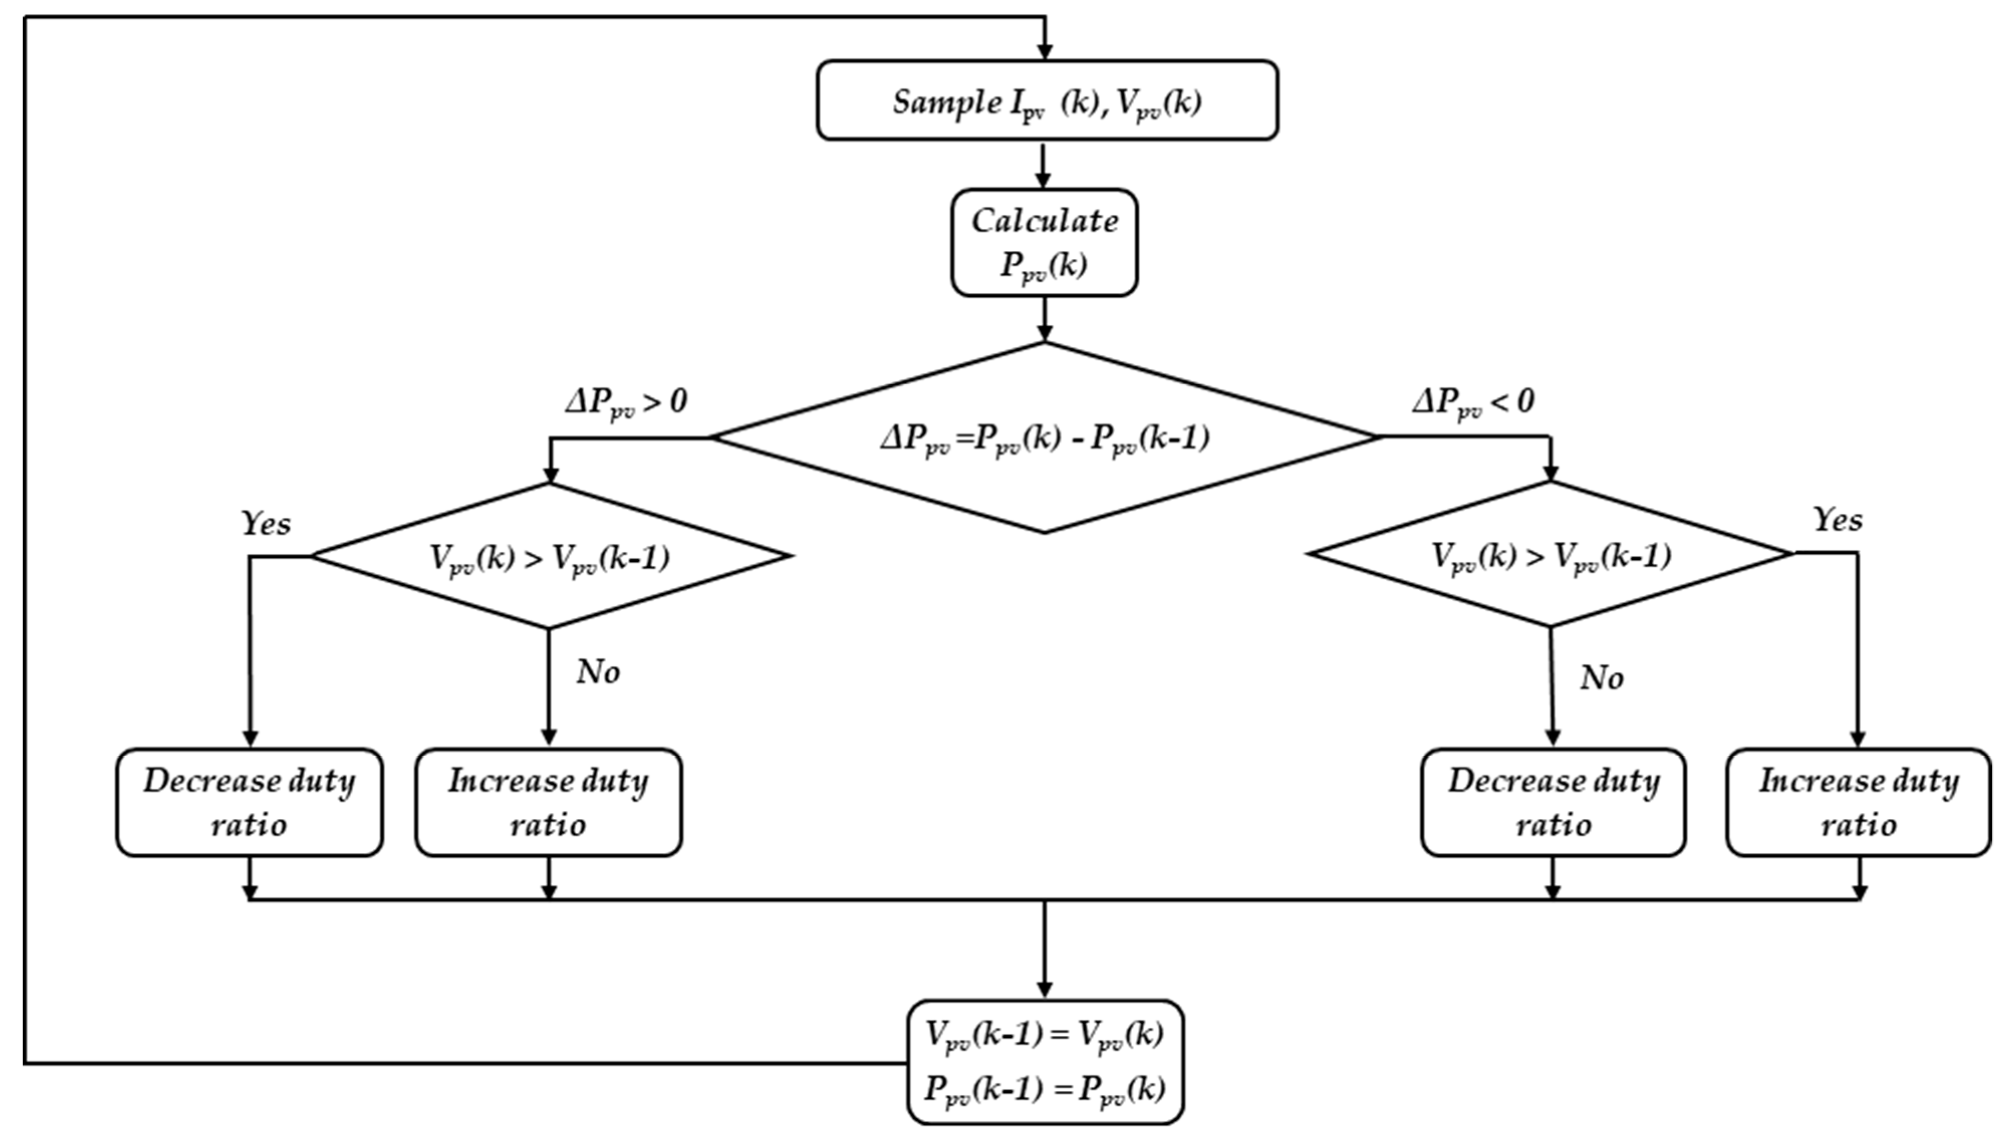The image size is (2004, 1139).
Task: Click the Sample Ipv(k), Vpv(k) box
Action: pos(1046,101)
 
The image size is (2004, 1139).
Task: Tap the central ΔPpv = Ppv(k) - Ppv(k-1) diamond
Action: pos(1044,438)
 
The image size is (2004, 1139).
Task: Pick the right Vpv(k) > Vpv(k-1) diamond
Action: pos(1550,554)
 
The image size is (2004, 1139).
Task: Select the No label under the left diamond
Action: pos(598,672)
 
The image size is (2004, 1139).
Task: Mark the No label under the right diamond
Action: pos(1601,677)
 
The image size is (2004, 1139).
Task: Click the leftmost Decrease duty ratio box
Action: pos(249,802)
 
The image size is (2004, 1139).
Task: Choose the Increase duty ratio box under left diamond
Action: pos(549,802)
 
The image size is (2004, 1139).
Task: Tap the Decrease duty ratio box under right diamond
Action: pos(1553,802)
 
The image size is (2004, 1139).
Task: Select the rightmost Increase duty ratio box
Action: pos(1858,802)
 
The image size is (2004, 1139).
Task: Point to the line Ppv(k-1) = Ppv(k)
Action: pos(1044,1088)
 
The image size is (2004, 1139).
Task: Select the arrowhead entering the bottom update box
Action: pos(1044,989)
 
